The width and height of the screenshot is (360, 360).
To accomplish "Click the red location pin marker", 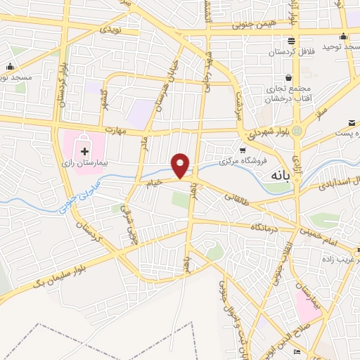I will click(x=181, y=165).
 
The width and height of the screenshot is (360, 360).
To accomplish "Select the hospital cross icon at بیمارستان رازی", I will click(x=84, y=151).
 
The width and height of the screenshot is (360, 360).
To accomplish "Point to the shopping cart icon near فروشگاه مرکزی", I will click(x=243, y=150).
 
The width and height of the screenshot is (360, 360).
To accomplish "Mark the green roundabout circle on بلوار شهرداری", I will click(x=299, y=131).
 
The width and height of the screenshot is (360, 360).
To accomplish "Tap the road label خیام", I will click(x=154, y=181).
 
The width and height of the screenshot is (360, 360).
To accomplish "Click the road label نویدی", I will click(x=111, y=30).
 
